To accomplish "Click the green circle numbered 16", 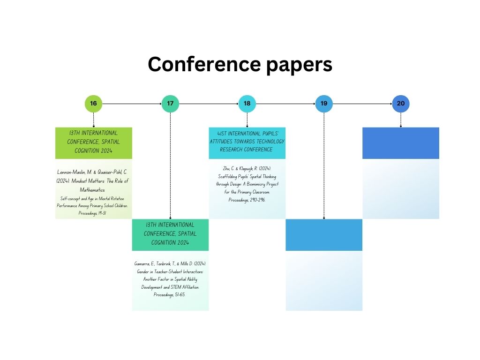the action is [93, 104].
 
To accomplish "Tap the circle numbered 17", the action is [170, 104].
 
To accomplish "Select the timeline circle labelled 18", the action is [247, 104].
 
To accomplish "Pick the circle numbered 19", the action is [324, 104].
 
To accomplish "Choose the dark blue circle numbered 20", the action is [401, 104].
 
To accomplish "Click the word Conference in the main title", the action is [204, 64].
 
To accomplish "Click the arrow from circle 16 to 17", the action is [132, 104].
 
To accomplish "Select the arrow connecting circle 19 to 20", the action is [362, 104].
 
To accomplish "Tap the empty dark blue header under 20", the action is [401, 143].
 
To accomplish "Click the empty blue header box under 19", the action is [324, 235].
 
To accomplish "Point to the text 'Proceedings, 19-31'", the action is [92, 213].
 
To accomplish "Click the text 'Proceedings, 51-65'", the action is [169, 294].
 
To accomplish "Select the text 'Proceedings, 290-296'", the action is [247, 200].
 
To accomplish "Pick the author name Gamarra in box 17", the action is [142, 263].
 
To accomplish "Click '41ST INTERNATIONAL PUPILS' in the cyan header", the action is [247, 134].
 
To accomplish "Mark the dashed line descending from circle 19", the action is [324, 165].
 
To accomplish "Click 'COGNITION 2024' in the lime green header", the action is [93, 150].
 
